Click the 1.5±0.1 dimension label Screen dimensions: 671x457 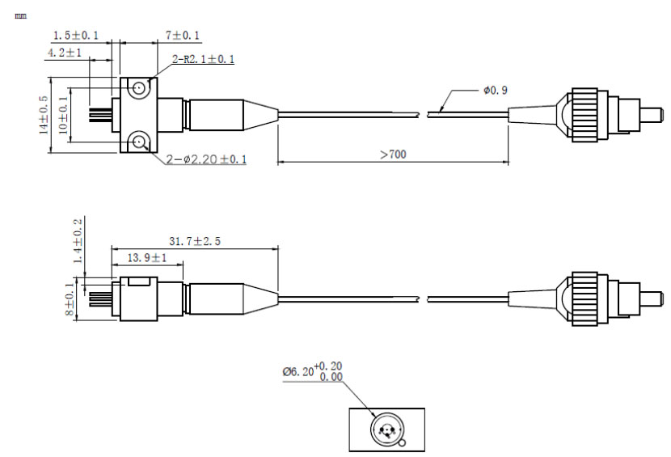coord(76,35)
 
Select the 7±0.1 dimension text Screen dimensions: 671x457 coord(183,35)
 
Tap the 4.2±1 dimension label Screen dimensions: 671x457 coord(64,53)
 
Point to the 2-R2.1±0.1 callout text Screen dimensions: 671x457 coord(203,59)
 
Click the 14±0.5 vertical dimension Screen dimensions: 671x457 coord(44,115)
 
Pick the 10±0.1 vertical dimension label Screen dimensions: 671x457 coord(63,115)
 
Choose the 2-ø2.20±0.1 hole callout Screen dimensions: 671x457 coord(206,159)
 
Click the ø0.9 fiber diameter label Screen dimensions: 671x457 coord(496,91)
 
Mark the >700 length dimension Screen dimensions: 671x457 coord(393,154)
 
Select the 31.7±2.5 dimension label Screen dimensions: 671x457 coord(195,241)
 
